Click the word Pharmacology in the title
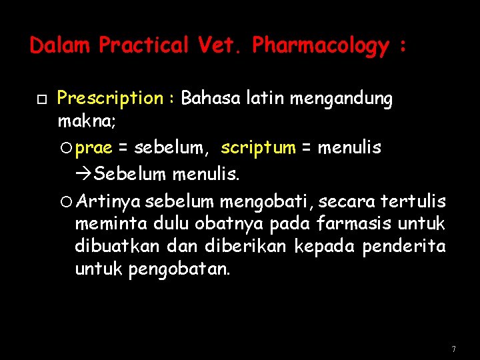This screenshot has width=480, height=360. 321,46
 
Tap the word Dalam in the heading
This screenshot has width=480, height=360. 60,45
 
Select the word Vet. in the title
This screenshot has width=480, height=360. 221,45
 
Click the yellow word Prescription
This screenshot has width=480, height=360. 109,99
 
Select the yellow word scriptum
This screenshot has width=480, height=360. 258,147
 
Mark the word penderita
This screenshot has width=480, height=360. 404,246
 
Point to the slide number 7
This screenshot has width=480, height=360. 453,349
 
